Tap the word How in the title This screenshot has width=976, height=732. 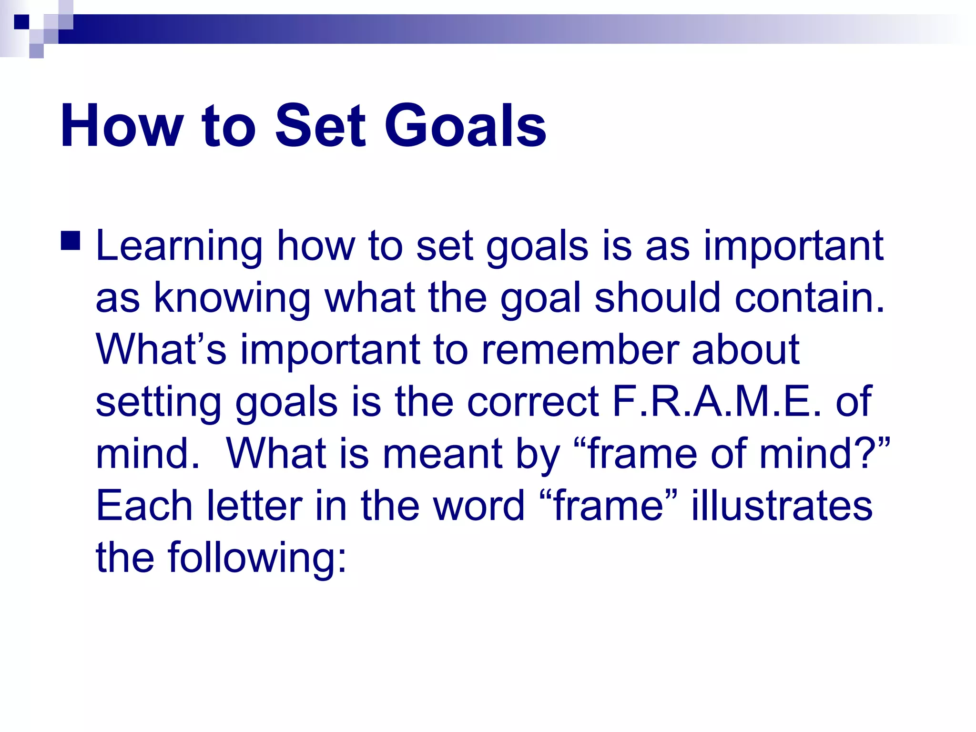point(122,126)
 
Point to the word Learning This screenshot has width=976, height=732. point(179,247)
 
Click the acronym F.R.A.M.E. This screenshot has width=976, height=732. point(716,401)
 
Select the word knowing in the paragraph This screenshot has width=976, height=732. point(232,299)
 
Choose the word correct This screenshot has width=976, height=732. point(532,401)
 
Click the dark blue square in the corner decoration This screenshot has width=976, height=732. point(21,22)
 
